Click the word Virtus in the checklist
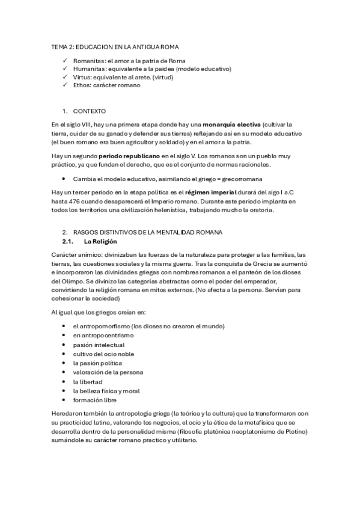coord(82,77)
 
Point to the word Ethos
coord(82,85)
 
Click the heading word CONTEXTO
coord(90,111)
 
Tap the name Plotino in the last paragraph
coord(294,431)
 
